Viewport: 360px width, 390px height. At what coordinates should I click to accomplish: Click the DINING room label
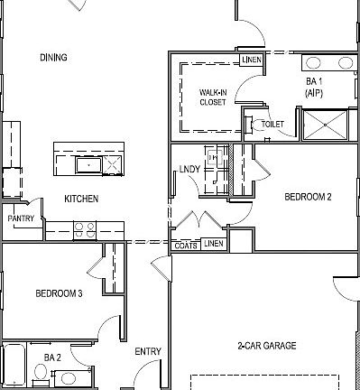(x=53, y=58)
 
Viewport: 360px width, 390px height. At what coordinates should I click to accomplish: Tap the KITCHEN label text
(x=81, y=199)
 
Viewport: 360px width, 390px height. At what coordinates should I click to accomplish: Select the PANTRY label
(x=21, y=218)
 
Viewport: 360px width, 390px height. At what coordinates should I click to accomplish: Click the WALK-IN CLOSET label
(x=214, y=97)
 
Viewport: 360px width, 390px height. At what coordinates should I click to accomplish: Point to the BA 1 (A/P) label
(x=315, y=87)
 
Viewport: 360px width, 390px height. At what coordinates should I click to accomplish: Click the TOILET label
(x=272, y=124)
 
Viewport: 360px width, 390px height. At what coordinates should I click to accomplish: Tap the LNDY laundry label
(x=189, y=169)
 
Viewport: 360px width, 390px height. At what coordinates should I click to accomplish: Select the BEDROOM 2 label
(x=309, y=196)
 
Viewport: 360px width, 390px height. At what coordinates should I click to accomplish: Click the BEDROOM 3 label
(x=60, y=293)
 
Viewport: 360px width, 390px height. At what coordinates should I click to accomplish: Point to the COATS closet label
(x=186, y=245)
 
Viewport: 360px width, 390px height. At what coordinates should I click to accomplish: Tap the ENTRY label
(x=148, y=351)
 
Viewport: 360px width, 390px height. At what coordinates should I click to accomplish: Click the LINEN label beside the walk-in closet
(x=252, y=60)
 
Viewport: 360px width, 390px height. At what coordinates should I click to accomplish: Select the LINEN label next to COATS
(x=213, y=244)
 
